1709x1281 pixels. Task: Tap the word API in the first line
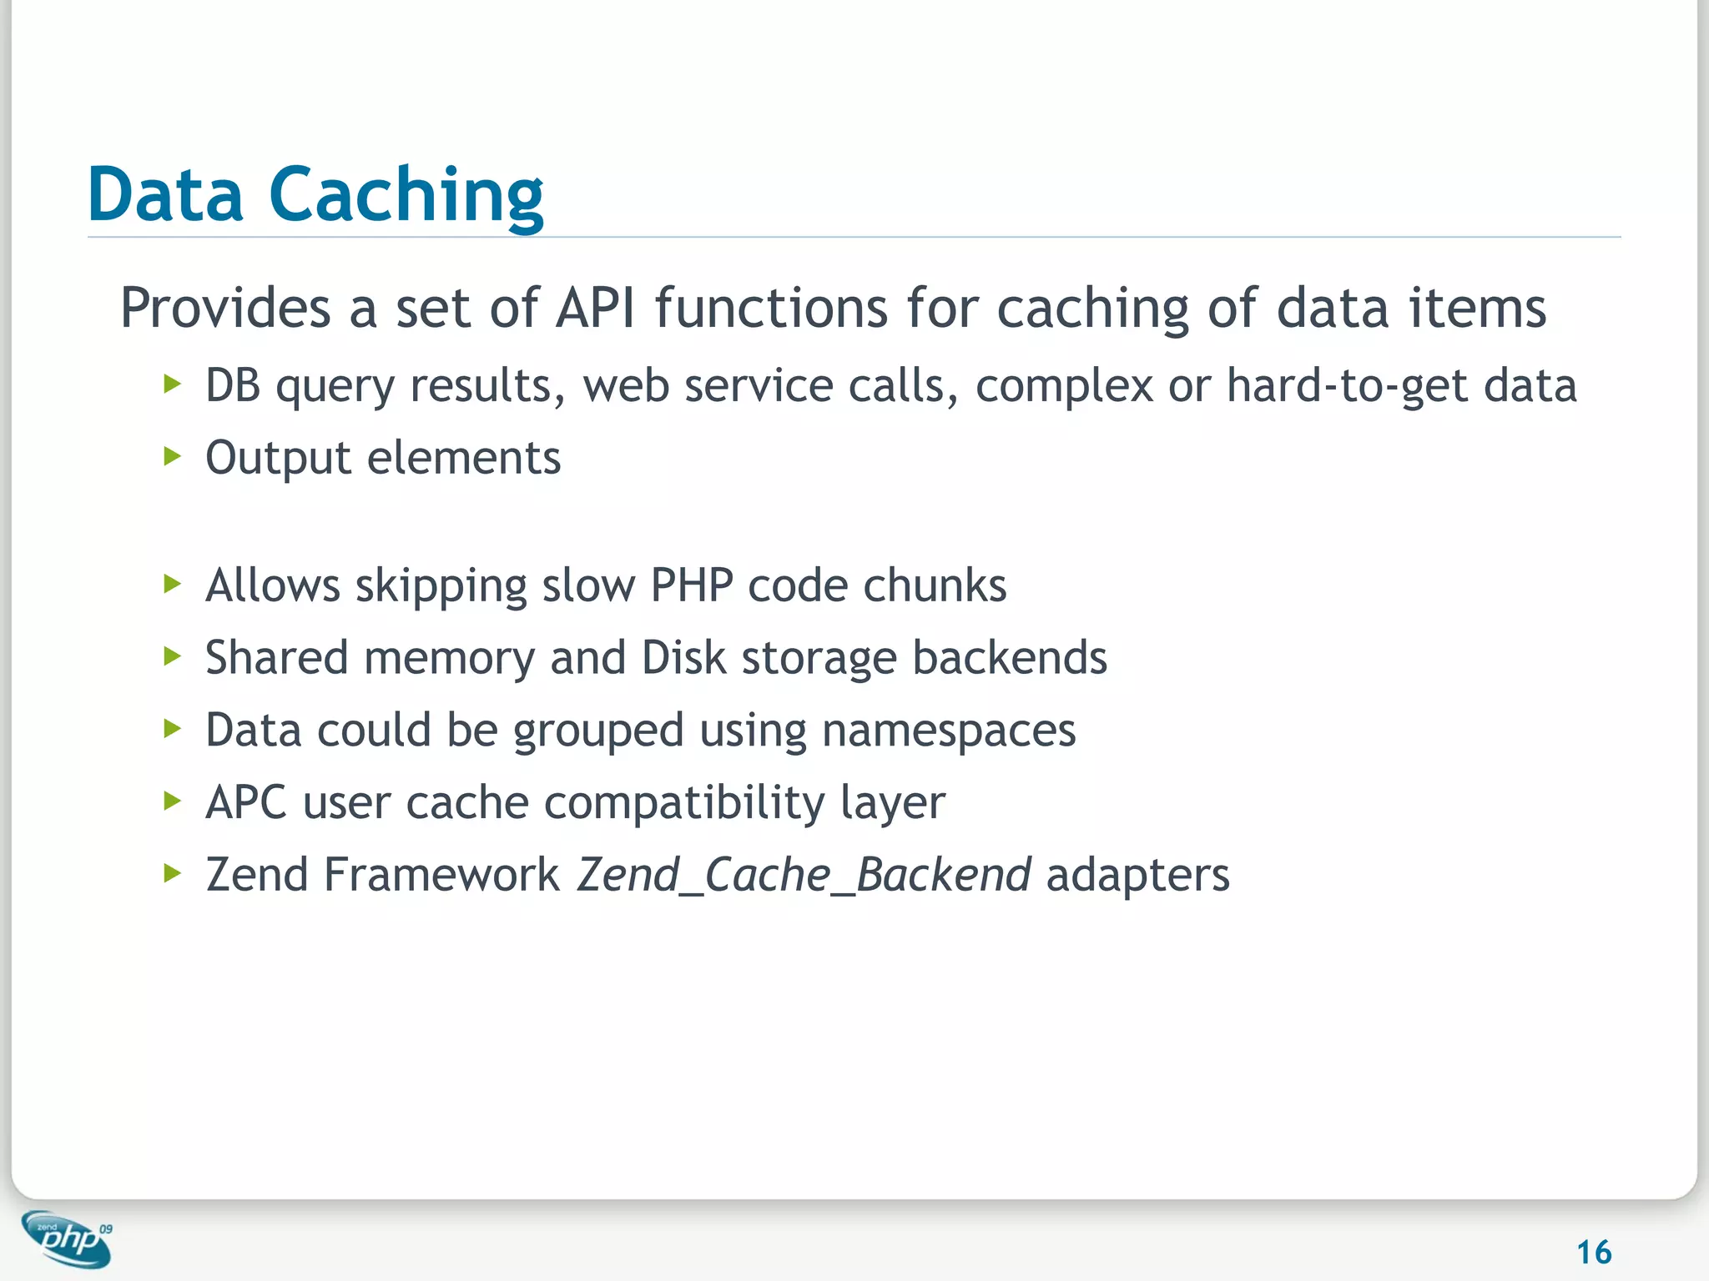click(x=595, y=308)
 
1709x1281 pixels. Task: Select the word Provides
click(x=225, y=308)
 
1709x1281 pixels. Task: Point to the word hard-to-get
click(x=1346, y=385)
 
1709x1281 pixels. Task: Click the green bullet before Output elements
click(x=173, y=456)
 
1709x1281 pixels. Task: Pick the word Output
click(x=278, y=458)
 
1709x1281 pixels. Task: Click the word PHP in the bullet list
click(x=691, y=585)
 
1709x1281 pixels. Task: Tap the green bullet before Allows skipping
click(x=173, y=584)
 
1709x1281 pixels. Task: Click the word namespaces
click(x=949, y=731)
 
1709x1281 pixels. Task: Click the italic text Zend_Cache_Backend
click(x=804, y=875)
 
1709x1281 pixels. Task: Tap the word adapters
click(x=1137, y=876)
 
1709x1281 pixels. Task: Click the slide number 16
click(x=1593, y=1252)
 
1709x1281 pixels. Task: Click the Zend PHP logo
click(x=67, y=1238)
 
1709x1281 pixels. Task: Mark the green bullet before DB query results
click(x=173, y=384)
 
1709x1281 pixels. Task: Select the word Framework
click(x=441, y=875)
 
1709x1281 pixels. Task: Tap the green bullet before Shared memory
click(x=173, y=656)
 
